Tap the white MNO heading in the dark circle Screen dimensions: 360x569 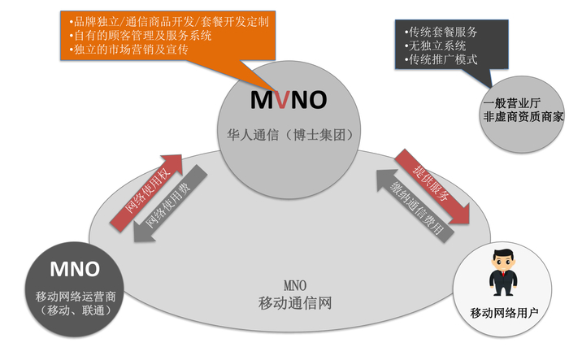click(75, 269)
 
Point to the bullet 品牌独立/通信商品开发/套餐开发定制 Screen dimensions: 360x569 click(170, 20)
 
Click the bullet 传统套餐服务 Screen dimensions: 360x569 click(445, 31)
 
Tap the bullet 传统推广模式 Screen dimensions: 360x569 click(445, 59)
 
